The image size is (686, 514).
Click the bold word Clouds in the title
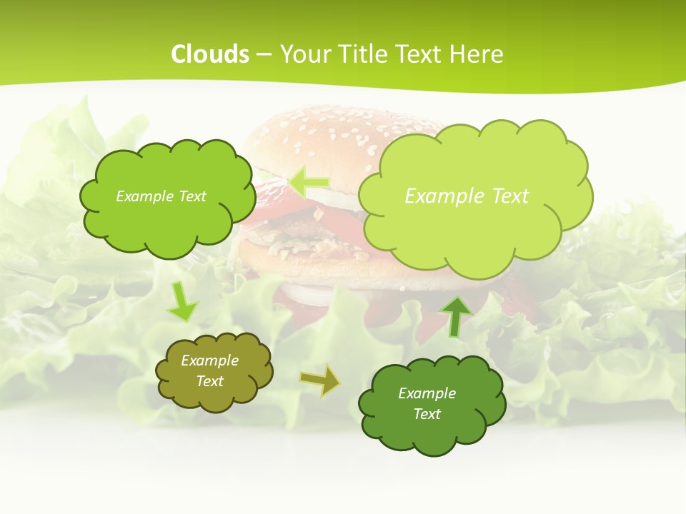[x=210, y=54]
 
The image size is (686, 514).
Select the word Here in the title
[x=479, y=54]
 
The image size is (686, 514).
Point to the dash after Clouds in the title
[x=262, y=54]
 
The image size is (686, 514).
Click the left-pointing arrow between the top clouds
[x=309, y=183]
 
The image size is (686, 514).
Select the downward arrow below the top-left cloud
[x=182, y=302]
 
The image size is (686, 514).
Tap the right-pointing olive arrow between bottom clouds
[x=319, y=380]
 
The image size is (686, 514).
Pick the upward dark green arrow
[x=456, y=316]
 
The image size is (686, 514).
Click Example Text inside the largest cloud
[x=467, y=196]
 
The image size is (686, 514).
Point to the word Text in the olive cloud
[x=210, y=381]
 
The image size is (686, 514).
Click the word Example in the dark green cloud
[x=427, y=393]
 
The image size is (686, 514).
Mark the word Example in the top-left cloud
[x=141, y=196]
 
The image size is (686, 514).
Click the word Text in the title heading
[x=423, y=54]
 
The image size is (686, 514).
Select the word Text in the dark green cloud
[x=427, y=414]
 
